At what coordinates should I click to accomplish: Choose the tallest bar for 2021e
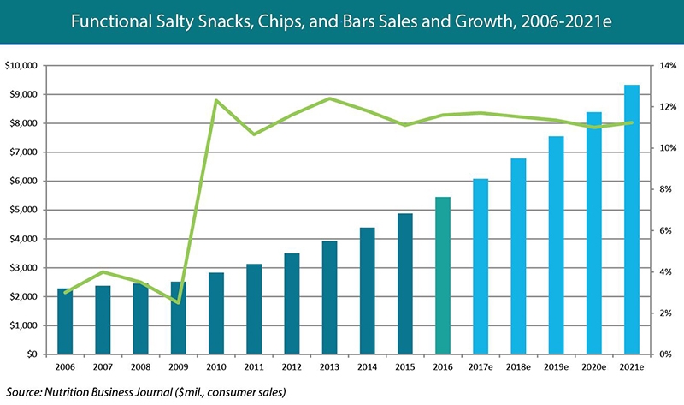[x=632, y=219]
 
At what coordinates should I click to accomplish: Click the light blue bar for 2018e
[x=518, y=256]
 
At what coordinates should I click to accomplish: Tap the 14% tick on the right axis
[x=662, y=66]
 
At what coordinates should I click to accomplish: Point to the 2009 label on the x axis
[x=179, y=370]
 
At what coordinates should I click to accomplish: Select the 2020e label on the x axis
[x=594, y=370]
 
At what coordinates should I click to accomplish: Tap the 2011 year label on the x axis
[x=254, y=370]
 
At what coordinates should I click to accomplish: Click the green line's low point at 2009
[x=179, y=302]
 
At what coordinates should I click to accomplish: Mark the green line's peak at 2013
[x=329, y=98]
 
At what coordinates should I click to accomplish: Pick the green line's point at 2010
[x=216, y=101]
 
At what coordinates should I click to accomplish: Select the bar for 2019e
[x=556, y=245]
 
